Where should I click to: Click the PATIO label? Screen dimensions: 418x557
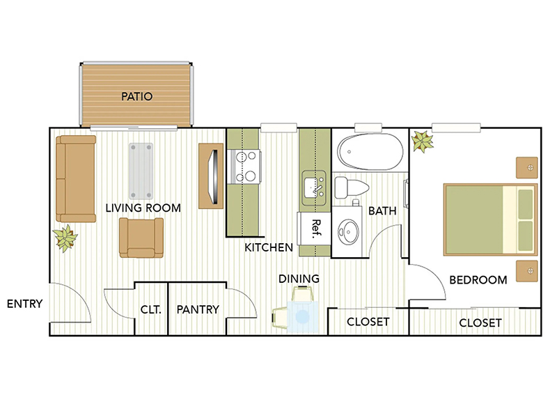tap(136, 96)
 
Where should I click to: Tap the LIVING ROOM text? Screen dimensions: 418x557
tap(143, 208)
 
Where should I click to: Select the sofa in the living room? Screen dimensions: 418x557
tap(76, 178)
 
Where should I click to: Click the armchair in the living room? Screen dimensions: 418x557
tap(142, 237)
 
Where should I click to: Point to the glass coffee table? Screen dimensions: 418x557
tap(141, 171)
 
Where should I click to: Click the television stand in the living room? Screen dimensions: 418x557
tap(212, 175)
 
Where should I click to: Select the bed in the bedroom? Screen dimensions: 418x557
tap(491, 219)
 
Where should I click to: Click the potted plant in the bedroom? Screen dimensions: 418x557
tap(423, 141)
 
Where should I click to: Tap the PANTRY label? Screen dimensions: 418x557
tap(198, 309)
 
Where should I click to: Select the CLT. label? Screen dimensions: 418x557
tap(151, 309)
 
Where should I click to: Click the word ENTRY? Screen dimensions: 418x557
tap(25, 304)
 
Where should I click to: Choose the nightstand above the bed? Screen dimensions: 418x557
tap(527, 167)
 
